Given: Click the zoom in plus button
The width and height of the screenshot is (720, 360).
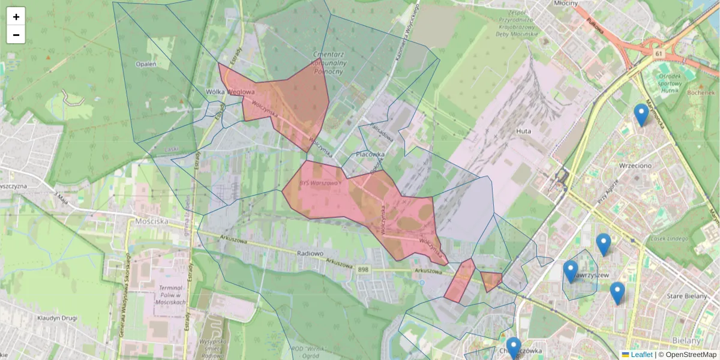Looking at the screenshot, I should tap(16, 17).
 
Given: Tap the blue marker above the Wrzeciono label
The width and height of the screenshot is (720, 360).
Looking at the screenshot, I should tap(641, 114).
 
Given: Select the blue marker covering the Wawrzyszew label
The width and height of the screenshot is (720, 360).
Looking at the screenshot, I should tap(571, 271).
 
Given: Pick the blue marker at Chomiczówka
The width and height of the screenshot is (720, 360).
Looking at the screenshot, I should tap(513, 348).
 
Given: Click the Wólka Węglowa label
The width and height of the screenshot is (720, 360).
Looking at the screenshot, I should tap(230, 92).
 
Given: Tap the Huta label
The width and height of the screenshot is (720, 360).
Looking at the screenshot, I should tap(524, 130).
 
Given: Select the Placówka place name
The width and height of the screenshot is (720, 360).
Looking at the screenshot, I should tap(370, 154).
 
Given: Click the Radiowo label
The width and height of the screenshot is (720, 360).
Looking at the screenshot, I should tap(310, 253).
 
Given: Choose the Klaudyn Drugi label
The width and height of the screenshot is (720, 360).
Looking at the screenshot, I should tap(57, 318).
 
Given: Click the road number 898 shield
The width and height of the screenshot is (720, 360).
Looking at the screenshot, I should tap(362, 270).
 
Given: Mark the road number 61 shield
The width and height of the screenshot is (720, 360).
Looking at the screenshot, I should tap(659, 55).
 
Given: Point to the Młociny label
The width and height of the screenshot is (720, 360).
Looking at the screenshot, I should tap(566, 4).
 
